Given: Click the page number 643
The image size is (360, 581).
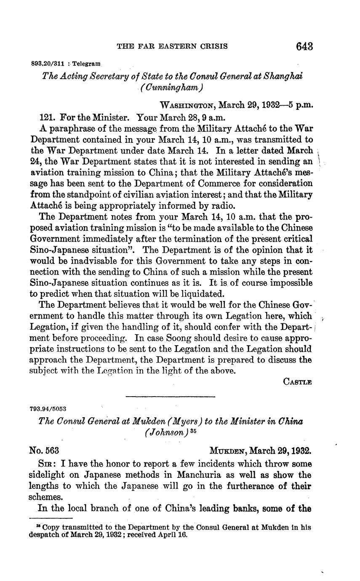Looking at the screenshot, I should coord(304,46).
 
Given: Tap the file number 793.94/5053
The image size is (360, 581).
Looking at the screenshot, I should coord(48,409).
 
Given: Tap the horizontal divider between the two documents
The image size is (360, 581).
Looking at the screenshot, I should coord(171,396).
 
